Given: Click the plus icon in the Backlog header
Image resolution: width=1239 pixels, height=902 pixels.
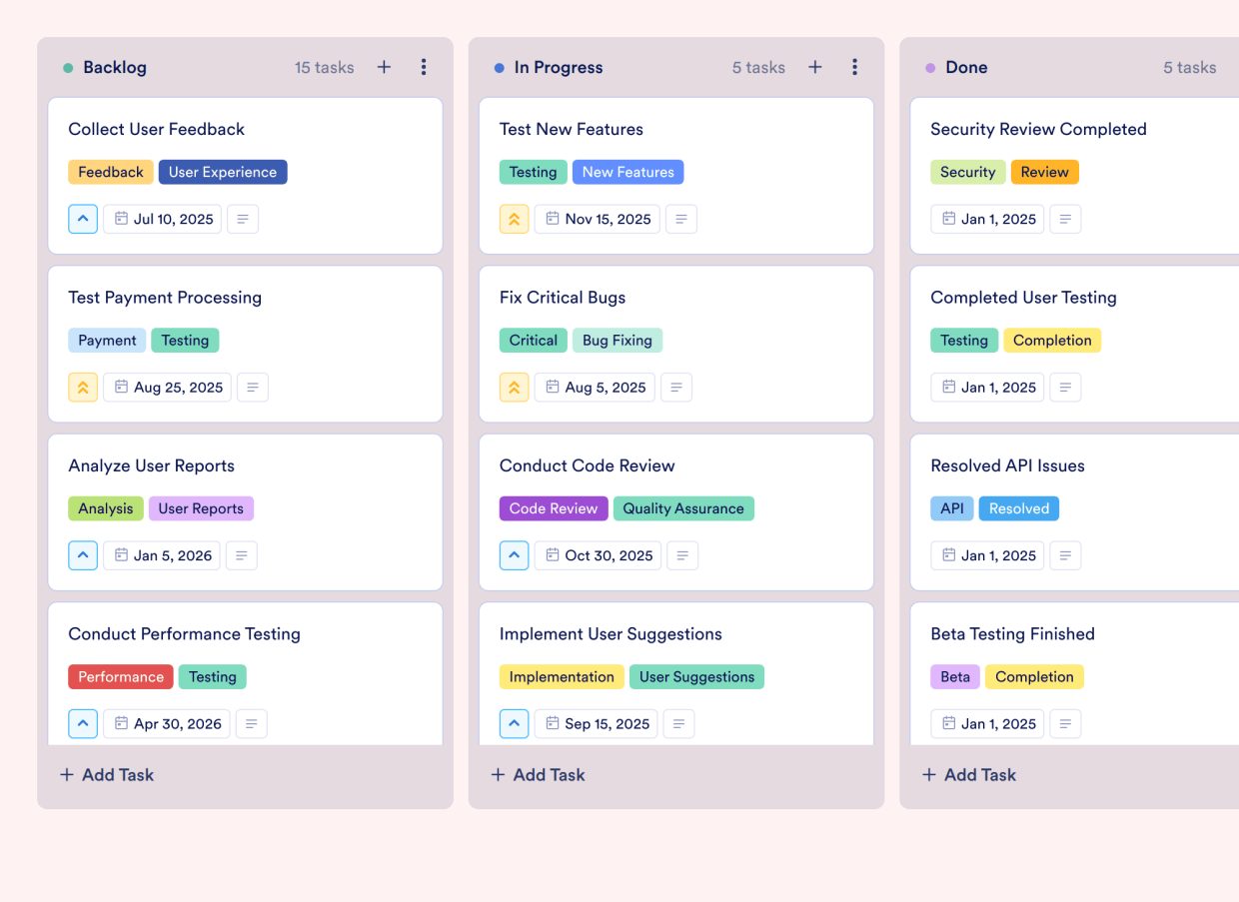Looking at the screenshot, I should pyautogui.click(x=384, y=67).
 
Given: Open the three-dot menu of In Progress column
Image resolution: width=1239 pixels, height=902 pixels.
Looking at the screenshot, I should pyautogui.click(x=854, y=67).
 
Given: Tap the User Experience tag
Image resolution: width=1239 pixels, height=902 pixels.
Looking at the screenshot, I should pyautogui.click(x=223, y=172).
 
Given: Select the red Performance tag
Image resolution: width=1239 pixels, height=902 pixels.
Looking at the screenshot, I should pyautogui.click(x=121, y=676).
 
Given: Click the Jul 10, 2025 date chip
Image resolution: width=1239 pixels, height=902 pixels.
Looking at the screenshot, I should pyautogui.click(x=164, y=219).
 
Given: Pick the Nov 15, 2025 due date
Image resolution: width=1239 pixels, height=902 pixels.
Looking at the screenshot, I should pyautogui.click(x=598, y=219).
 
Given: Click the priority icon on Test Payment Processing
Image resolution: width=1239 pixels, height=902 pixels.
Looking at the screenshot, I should pyautogui.click(x=83, y=388).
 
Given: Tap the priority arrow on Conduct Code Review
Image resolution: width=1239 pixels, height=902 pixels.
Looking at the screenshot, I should pyautogui.click(x=514, y=555).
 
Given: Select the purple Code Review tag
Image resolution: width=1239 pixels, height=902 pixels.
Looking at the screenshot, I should pyautogui.click(x=554, y=508).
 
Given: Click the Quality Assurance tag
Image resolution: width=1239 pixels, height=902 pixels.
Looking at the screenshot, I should pyautogui.click(x=683, y=508).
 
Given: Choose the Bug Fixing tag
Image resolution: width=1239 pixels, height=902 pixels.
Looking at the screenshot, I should pyautogui.click(x=618, y=340).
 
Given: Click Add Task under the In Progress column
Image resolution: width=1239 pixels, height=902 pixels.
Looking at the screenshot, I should pyautogui.click(x=539, y=774).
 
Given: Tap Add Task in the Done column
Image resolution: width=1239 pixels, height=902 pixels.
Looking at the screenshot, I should pyautogui.click(x=969, y=774).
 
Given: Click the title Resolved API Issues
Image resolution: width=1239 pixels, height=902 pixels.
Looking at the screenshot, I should pyautogui.click(x=1007, y=465).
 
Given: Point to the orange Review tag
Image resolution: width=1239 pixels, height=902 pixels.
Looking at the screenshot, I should pyautogui.click(x=1045, y=172).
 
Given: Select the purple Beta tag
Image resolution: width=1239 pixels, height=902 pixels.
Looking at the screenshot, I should pyautogui.click(x=955, y=676).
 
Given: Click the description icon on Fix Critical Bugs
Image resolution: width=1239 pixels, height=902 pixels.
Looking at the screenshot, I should pyautogui.click(x=676, y=388).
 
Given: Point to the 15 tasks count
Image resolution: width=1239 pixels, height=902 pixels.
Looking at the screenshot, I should pyautogui.click(x=324, y=68).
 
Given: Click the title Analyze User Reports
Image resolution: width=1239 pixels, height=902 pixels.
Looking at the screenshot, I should pyautogui.click(x=151, y=465).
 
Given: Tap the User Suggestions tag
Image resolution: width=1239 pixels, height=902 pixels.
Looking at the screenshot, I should pyautogui.click(x=696, y=676).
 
